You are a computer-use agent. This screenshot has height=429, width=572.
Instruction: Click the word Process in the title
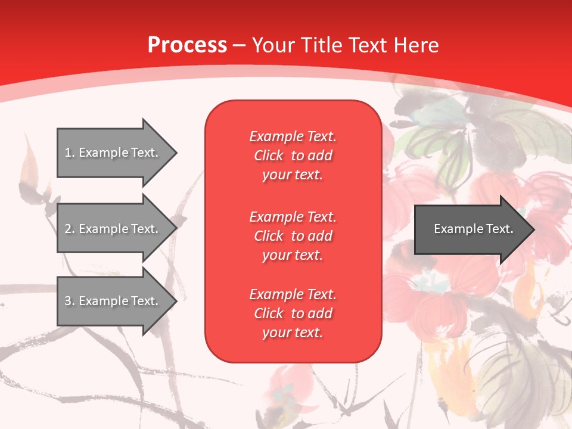[x=187, y=45]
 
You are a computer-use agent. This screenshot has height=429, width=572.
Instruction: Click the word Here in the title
[x=415, y=45]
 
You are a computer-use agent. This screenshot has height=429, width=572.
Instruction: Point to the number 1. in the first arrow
[x=70, y=153]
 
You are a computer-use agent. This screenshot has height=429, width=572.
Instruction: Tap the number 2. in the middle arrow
[x=70, y=229]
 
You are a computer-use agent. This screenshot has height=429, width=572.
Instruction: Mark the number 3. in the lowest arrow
[x=70, y=301]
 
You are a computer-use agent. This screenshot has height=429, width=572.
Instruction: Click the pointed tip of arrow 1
[x=175, y=153]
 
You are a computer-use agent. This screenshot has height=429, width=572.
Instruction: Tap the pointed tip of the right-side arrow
[x=533, y=229]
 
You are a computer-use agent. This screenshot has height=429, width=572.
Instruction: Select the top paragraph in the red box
[x=293, y=156]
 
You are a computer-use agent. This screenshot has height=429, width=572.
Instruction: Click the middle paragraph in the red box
[x=293, y=236]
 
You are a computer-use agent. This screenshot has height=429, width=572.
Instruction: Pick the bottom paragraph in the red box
[x=293, y=313]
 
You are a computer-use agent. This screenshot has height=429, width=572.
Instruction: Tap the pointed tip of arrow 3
[x=175, y=301]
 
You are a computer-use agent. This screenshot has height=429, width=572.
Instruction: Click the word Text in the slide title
[x=369, y=45]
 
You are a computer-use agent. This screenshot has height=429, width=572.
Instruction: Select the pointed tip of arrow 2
[x=175, y=229]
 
